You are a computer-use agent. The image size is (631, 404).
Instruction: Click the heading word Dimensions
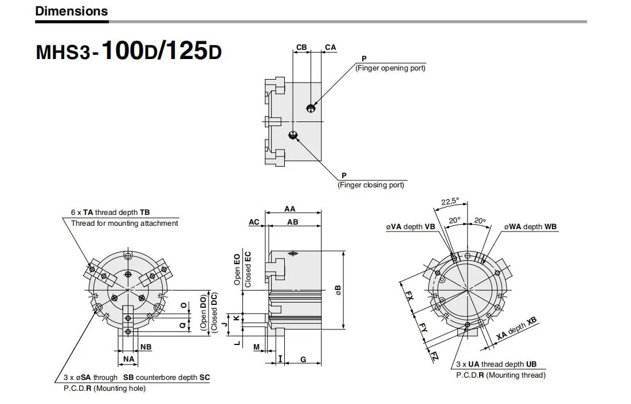pyautogui.click(x=72, y=11)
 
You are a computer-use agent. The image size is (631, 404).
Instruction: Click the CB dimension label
pyautogui.click(x=301, y=47)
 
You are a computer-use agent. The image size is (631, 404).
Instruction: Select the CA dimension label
pyautogui.click(x=330, y=47)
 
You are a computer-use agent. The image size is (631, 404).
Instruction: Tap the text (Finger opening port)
pyautogui.click(x=390, y=68)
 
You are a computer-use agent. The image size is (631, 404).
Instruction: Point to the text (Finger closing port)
pyautogui.click(x=371, y=185)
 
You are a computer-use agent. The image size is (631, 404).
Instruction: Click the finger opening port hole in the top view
pyautogui.click(x=311, y=108)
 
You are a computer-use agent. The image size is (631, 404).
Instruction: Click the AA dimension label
pyautogui.click(x=290, y=209)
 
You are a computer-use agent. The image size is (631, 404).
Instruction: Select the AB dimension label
pyautogui.click(x=292, y=222)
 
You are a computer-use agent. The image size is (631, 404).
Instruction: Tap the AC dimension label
pyautogui.click(x=254, y=222)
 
